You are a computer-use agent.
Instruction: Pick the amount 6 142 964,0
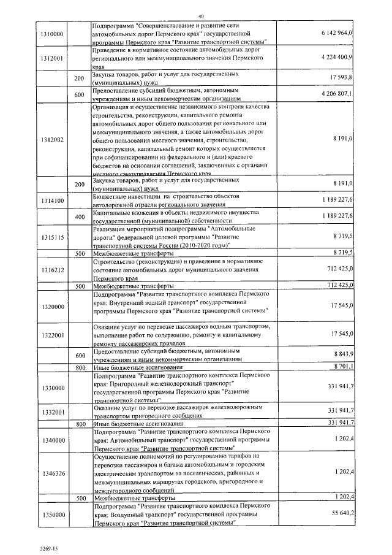tap(336, 32)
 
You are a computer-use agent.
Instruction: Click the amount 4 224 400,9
tap(336, 56)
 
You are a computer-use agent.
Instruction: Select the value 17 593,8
tap(341, 78)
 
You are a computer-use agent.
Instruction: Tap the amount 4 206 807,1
tap(336, 94)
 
